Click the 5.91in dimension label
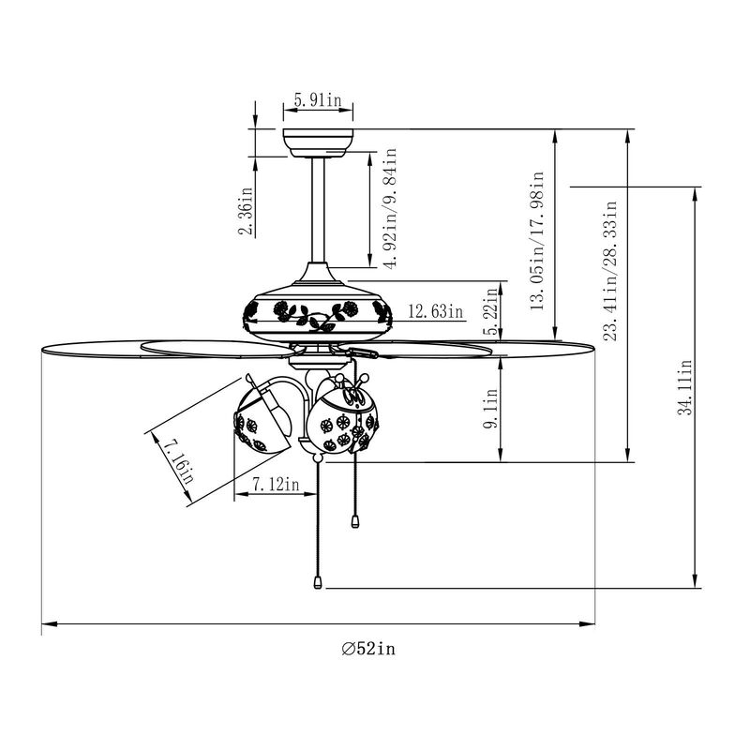point(317,99)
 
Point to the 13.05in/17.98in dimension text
point(537,240)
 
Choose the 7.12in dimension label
point(277,485)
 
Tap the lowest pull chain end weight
point(319,582)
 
